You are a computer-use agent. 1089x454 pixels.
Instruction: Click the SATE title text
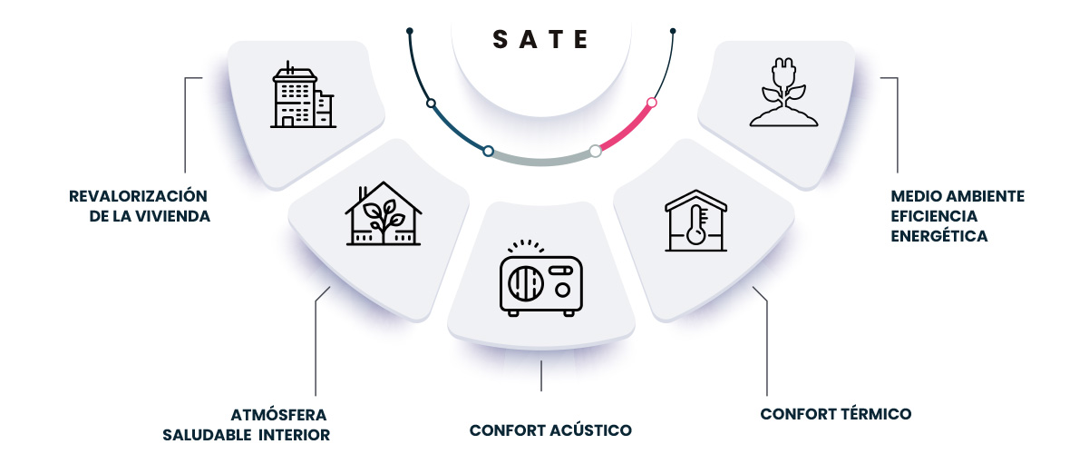click(x=540, y=39)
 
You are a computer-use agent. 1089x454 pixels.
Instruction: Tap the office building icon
click(x=303, y=95)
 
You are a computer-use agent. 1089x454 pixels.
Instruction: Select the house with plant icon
click(x=384, y=213)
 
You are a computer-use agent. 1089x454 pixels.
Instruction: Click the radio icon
click(x=541, y=278)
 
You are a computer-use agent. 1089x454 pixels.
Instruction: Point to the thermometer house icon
click(x=696, y=221)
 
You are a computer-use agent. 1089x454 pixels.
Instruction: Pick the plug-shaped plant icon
click(x=783, y=93)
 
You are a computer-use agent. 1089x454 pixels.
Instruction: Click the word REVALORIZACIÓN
click(x=138, y=195)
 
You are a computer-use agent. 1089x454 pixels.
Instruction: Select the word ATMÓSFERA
click(x=278, y=415)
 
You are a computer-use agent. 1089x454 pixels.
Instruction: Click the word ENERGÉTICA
click(x=939, y=236)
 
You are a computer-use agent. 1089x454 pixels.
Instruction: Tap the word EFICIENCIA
click(x=934, y=216)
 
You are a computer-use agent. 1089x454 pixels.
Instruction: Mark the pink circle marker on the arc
click(x=652, y=103)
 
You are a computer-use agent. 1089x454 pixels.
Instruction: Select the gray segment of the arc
click(x=542, y=161)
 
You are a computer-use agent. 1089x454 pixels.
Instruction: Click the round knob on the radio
click(x=562, y=290)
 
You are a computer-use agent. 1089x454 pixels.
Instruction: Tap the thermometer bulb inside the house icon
click(x=695, y=235)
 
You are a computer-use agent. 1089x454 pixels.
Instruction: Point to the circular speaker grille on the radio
click(x=526, y=282)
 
